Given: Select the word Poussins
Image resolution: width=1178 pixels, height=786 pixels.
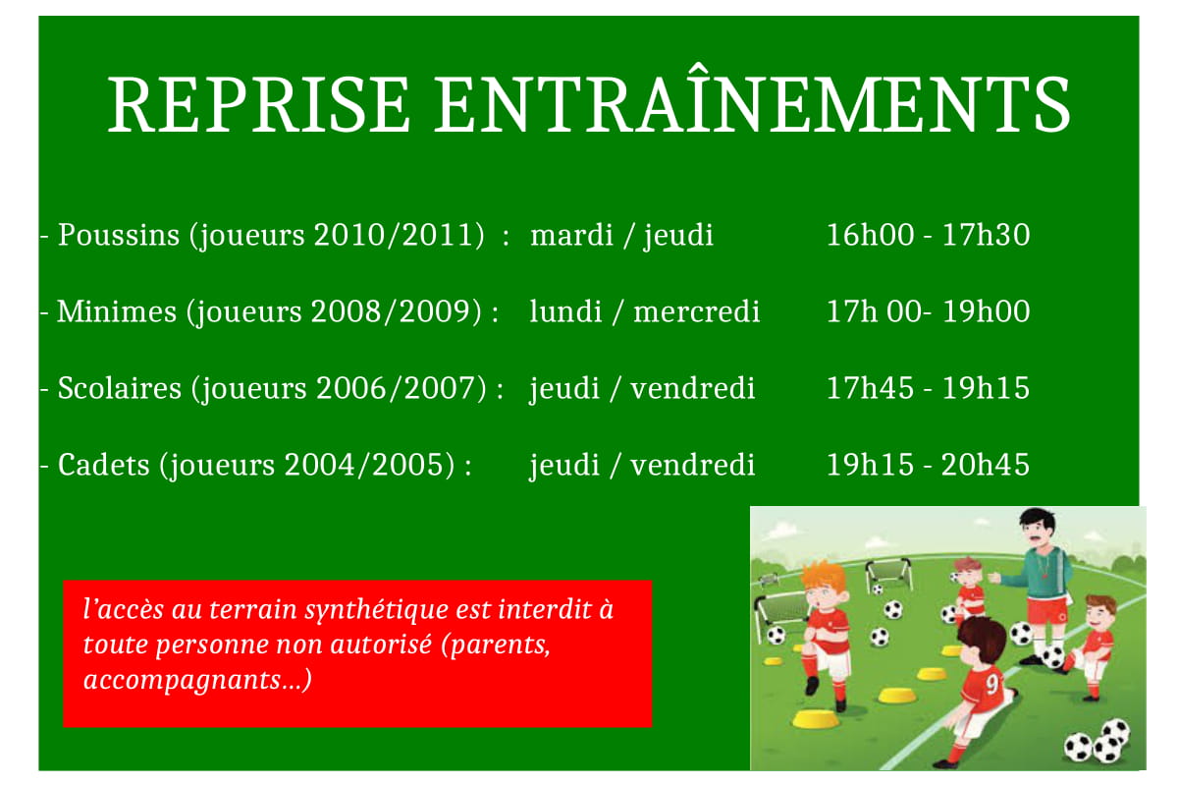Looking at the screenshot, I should coord(119,236).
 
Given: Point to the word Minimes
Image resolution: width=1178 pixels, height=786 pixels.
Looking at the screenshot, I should coord(117,312).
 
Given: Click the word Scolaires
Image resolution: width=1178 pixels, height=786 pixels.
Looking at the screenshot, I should coord(120,388).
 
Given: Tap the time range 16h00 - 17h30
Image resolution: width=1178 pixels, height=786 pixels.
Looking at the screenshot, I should coord(928,236).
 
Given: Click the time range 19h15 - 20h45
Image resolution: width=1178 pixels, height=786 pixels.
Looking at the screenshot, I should coord(928,464).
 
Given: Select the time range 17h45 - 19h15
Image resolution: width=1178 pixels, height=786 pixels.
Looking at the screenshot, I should coord(928,388).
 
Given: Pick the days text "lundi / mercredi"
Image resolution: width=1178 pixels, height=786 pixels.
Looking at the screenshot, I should coord(644,312).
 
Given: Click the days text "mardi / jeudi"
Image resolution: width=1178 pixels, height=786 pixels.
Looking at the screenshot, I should coord(621,236).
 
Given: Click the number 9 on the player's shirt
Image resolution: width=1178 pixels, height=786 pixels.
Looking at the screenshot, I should coord(992,679).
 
